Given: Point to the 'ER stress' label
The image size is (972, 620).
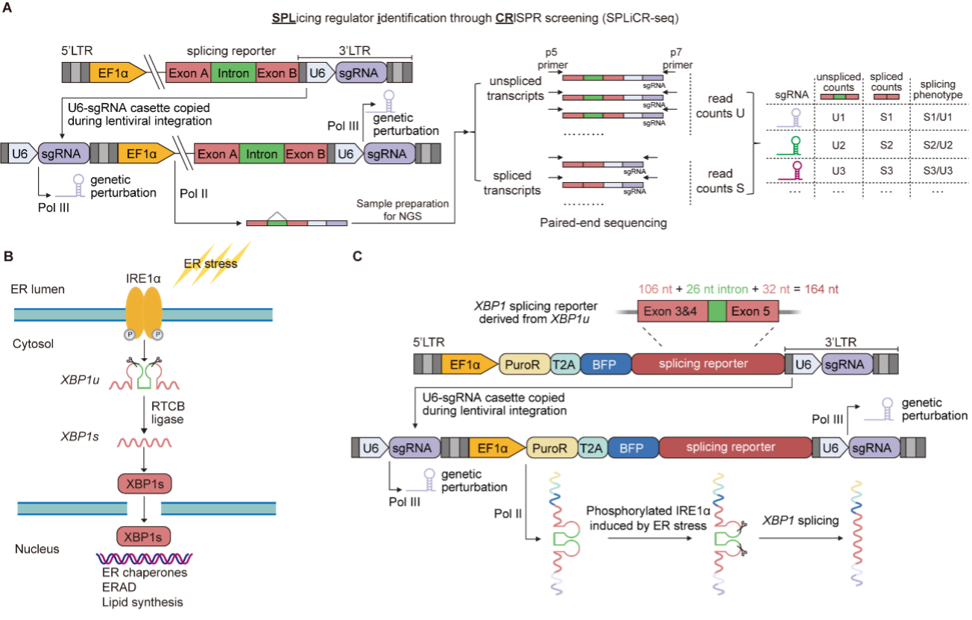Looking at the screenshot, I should tap(211, 263).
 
